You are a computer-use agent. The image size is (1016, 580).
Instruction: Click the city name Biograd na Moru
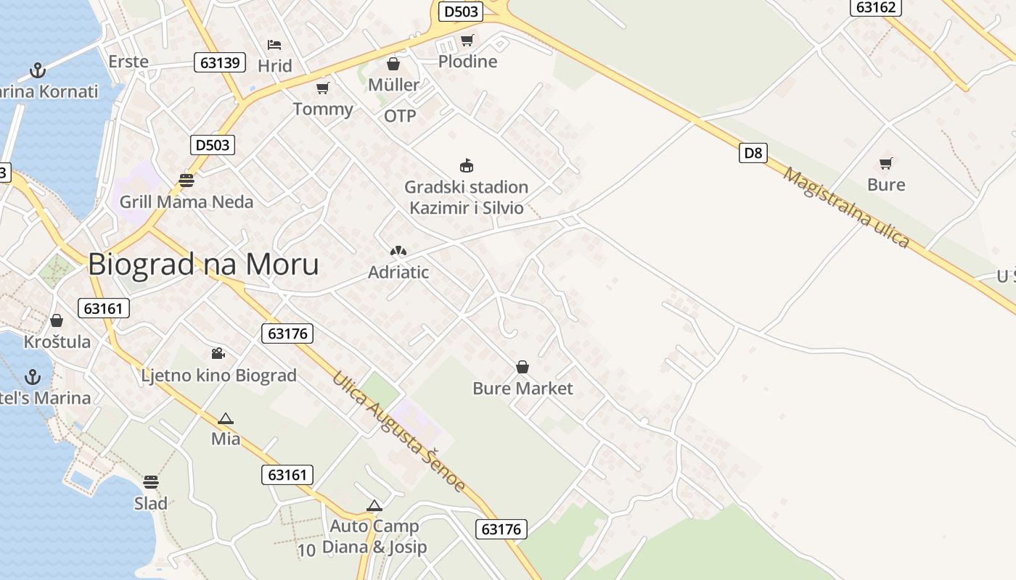tap(203, 265)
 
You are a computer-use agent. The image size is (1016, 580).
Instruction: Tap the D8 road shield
tap(754, 153)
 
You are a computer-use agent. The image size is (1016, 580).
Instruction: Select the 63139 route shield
tap(220, 62)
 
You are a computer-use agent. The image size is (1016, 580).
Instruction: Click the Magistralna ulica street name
tap(846, 209)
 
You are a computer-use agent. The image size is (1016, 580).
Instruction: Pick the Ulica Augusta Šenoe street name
tap(398, 431)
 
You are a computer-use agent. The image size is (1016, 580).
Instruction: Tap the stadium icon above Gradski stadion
tap(467, 166)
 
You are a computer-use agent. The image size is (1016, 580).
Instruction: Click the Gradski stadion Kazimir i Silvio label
tap(466, 197)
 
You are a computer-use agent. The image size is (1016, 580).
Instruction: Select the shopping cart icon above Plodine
tap(467, 40)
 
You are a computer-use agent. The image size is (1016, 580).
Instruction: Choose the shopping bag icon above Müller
tap(393, 64)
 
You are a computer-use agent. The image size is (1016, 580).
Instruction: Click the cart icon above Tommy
tap(323, 88)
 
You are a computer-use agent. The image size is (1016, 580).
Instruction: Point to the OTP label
tap(400, 116)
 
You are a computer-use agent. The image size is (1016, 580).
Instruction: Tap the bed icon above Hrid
tap(274, 45)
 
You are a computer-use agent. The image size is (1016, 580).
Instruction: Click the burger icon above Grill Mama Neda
tap(187, 181)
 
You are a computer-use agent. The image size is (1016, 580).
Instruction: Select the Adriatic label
tap(398, 273)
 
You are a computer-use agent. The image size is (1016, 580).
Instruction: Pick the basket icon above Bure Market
tap(523, 368)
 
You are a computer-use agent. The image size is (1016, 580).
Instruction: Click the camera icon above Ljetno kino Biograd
tap(218, 354)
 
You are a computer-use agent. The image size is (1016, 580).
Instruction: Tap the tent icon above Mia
tap(226, 418)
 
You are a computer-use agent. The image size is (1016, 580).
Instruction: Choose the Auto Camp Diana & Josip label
tap(374, 536)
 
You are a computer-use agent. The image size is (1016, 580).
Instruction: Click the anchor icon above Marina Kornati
tap(37, 70)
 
